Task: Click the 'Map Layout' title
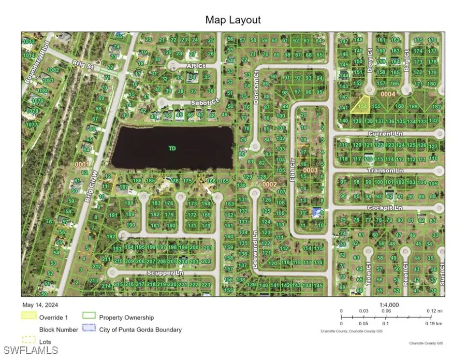click(233, 20)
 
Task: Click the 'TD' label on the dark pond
click(172, 149)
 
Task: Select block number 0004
click(388, 94)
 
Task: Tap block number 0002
click(270, 184)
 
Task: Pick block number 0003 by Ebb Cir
click(310, 169)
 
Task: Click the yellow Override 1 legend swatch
click(29, 316)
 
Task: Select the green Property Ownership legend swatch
click(90, 316)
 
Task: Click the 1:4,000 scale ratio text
click(383, 305)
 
